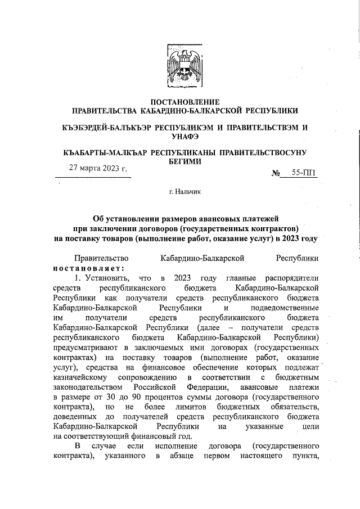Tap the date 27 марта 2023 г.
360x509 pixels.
[98, 168]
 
